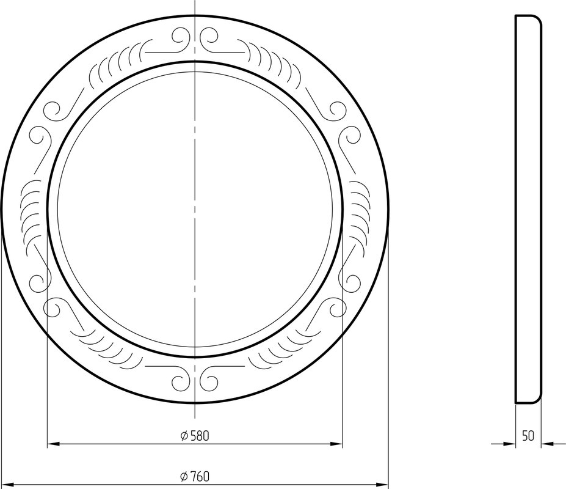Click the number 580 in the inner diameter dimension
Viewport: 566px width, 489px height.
tap(200, 436)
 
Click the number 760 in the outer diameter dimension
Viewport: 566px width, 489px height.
tap(200, 477)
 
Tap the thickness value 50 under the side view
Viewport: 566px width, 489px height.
tap(528, 436)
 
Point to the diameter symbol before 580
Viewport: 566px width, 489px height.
tap(184, 436)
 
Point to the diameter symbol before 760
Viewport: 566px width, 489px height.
tap(184, 477)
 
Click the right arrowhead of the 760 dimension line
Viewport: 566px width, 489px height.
tap(382, 484)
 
